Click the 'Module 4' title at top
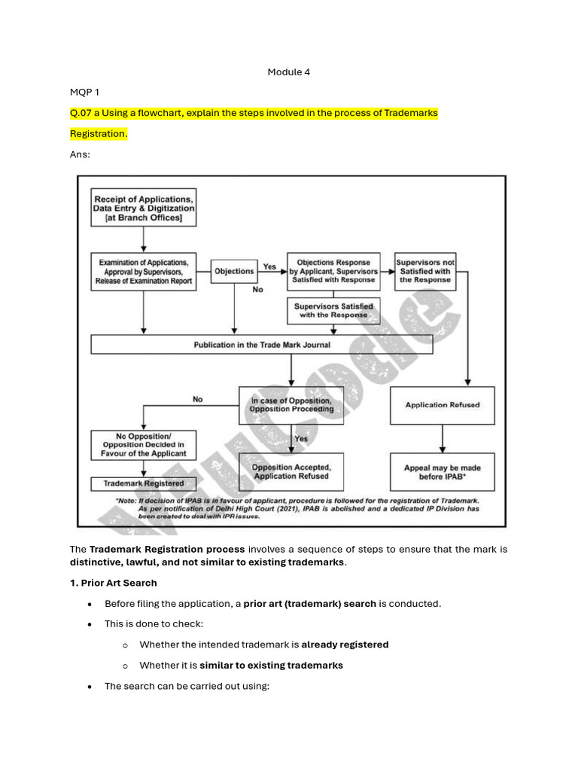point(289,72)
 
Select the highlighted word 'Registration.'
point(99,133)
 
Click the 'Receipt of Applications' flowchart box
point(143,207)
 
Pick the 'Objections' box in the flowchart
point(234,271)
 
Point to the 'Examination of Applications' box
point(143,271)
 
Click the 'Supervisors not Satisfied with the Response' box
point(425,271)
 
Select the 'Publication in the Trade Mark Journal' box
point(262,345)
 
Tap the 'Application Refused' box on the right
point(442,405)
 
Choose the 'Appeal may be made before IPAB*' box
point(442,472)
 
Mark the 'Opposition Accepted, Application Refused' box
point(291,472)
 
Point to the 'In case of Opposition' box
point(291,405)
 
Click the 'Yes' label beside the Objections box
point(269,267)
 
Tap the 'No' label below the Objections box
point(258,289)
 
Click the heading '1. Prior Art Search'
point(114,583)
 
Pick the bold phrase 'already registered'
point(345,645)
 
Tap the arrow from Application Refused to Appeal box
point(442,438)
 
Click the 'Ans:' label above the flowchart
point(80,154)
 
